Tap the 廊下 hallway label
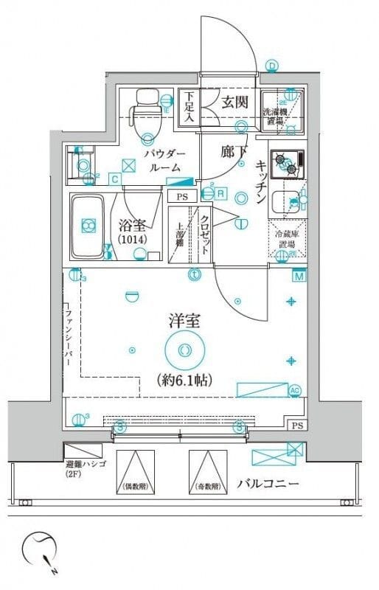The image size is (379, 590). [231, 151]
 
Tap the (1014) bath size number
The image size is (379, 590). [133, 240]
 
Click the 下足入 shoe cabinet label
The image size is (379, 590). [189, 104]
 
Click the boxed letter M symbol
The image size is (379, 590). [299, 277]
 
